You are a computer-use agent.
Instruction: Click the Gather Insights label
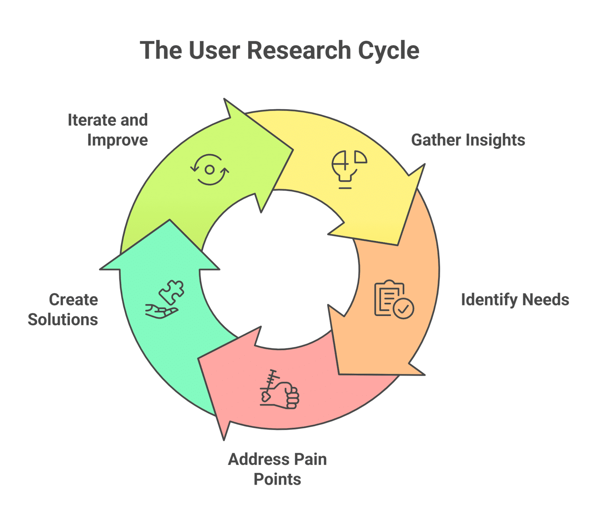tap(468, 140)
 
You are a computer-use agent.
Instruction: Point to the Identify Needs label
tap(515, 300)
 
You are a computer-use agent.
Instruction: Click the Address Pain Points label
tap(277, 469)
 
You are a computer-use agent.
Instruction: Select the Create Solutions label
tap(63, 310)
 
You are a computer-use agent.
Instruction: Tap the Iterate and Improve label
tap(108, 130)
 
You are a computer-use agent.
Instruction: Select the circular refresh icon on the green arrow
tap(209, 170)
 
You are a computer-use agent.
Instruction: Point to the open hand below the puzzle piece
tap(161, 311)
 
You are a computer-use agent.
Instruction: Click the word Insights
tap(496, 140)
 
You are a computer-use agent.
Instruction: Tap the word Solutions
tap(63, 320)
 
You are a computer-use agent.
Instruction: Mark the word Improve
tap(118, 140)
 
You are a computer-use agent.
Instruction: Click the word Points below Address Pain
tap(277, 479)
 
